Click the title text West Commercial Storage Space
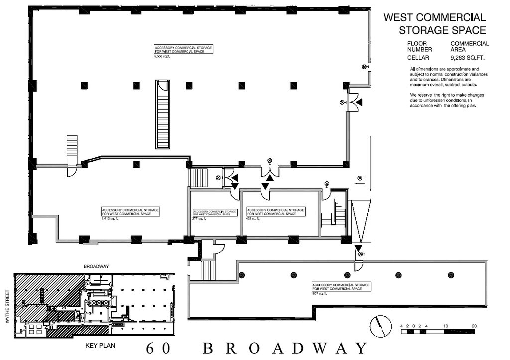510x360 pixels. pos(434,23)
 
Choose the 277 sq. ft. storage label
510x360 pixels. pos(214,215)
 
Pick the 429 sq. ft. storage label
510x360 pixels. pos(275,214)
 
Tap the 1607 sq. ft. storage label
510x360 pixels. pos(341,288)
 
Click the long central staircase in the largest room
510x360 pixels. pos(163,114)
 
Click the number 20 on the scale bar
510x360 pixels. pos(473,326)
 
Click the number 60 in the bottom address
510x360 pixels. pos(156,348)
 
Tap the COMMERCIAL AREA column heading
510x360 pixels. pos(469,46)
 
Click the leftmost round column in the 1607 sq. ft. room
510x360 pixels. pos(242,275)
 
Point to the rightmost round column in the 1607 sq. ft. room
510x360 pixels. pos(451,275)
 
